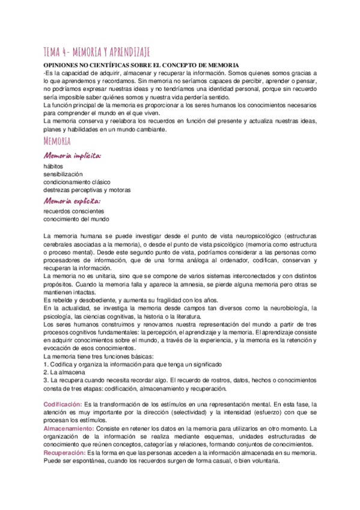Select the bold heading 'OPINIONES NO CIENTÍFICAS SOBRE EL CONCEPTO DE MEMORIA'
point(141,64)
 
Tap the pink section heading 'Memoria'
point(58,141)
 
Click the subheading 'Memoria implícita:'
point(72,155)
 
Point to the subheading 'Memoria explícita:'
point(72,201)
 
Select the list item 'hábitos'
point(53,165)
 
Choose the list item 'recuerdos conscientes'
point(74,211)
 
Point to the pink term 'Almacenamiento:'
point(69,428)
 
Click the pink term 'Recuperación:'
point(64,452)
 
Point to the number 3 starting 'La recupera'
point(46,381)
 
